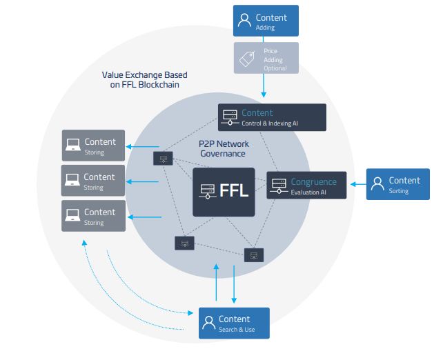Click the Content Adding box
[264, 21]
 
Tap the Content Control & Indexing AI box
[272, 117]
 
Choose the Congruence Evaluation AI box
[306, 186]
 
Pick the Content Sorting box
[397, 184]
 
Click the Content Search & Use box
[234, 323]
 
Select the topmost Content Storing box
[93, 146]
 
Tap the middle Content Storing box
[93, 181]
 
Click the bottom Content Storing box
[93, 216]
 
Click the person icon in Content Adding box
[244, 21]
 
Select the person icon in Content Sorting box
[377, 184]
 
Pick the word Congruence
[313, 182]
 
